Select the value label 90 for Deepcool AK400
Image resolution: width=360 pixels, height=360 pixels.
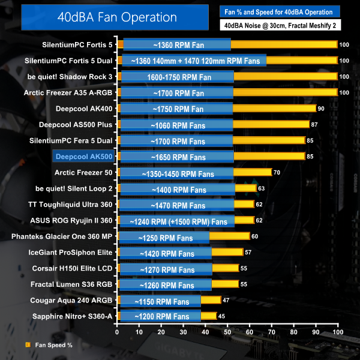click(321, 109)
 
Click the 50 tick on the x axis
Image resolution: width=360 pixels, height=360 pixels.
click(228, 332)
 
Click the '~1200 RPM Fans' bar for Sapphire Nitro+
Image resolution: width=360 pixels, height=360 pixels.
click(160, 316)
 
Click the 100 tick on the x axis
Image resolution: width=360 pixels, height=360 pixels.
click(338, 332)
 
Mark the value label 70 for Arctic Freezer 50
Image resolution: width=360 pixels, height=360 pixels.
click(277, 173)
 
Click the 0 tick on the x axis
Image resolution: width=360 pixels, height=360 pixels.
click(118, 332)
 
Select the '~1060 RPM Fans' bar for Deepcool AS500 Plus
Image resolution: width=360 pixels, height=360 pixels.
click(176, 125)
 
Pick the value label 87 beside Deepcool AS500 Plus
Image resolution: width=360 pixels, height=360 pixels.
click(314, 125)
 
